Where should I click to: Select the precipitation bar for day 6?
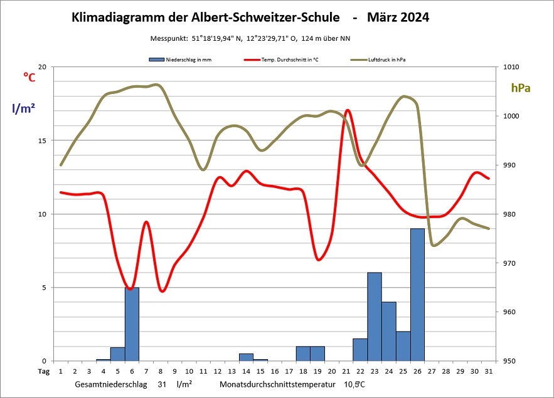pyautogui.click(x=132, y=324)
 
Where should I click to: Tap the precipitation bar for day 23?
pyautogui.click(x=375, y=317)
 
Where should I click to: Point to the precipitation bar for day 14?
pyautogui.click(x=246, y=357)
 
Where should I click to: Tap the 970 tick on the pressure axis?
pyautogui.click(x=505, y=263)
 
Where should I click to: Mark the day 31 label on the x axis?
pyautogui.click(x=489, y=371)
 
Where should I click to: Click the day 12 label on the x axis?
pyautogui.click(x=218, y=371)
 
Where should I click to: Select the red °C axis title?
pyautogui.click(x=29, y=76)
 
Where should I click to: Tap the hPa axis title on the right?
pyautogui.click(x=521, y=88)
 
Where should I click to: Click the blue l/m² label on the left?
pyautogui.click(x=23, y=108)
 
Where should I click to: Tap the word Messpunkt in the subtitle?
pyautogui.click(x=169, y=39)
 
